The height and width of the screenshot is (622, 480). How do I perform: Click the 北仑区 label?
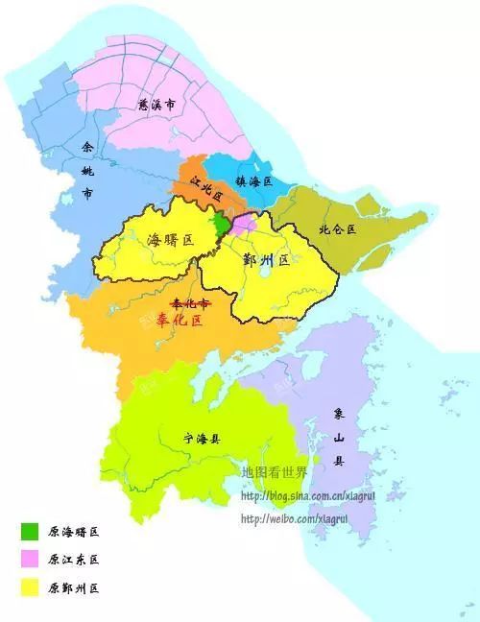pos(337,229)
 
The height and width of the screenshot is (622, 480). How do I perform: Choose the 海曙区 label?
pos(169,240)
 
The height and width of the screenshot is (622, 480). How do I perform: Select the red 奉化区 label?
pos(180,320)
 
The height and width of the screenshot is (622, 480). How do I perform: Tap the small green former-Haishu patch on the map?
pos(221,225)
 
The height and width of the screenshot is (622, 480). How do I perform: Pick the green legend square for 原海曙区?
pos(31,531)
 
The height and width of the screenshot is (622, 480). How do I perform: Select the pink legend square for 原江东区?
pos(31,559)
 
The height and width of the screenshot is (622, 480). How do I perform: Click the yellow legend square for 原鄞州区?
pos(31,586)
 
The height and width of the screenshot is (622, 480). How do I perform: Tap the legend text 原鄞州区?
pos(74,587)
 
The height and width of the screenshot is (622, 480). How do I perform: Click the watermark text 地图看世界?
pos(275,473)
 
